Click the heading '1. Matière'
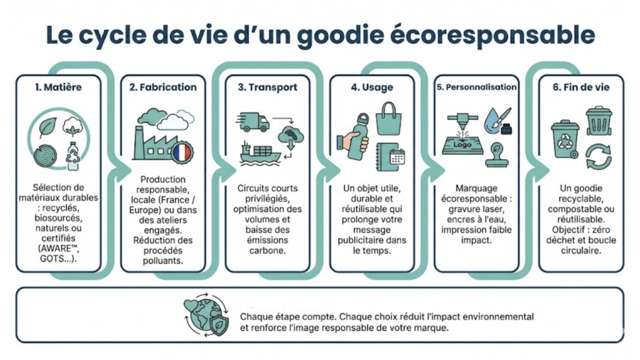(58, 87)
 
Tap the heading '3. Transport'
(267, 87)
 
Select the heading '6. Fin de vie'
(581, 87)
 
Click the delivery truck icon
(252, 122)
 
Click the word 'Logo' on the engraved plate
(462, 144)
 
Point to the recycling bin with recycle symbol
(565, 139)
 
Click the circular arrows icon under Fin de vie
(598, 157)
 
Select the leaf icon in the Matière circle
(47, 127)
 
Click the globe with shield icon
(206, 315)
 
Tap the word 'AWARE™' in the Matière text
(58, 248)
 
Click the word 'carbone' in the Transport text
(267, 250)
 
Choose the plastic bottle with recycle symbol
(73, 156)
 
